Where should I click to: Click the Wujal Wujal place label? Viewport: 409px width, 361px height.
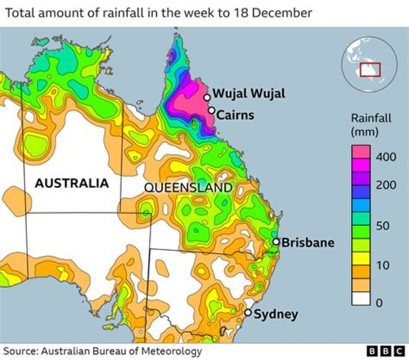[x=249, y=94]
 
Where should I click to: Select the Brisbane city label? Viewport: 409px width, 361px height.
[x=308, y=243]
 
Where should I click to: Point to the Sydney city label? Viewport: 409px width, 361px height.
[x=276, y=314]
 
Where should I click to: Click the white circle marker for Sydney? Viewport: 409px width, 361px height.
[x=248, y=313]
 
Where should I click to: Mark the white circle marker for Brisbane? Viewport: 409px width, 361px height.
[x=276, y=242]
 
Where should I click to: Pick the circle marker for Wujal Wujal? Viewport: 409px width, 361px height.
[x=207, y=98]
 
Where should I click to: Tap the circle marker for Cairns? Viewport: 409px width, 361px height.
[x=211, y=110]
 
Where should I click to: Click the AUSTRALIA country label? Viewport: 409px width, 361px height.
[x=72, y=183]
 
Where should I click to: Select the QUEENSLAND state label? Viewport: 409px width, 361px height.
[x=189, y=188]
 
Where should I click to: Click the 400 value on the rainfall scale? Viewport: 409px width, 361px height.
[x=386, y=157]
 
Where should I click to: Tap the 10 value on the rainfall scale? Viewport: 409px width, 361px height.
[x=382, y=265]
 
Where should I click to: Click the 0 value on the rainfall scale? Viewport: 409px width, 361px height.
[x=379, y=302]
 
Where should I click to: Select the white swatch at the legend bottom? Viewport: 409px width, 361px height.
[x=361, y=299]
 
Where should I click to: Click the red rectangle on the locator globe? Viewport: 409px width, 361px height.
[x=370, y=70]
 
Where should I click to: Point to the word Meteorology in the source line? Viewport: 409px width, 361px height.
[x=171, y=351]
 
